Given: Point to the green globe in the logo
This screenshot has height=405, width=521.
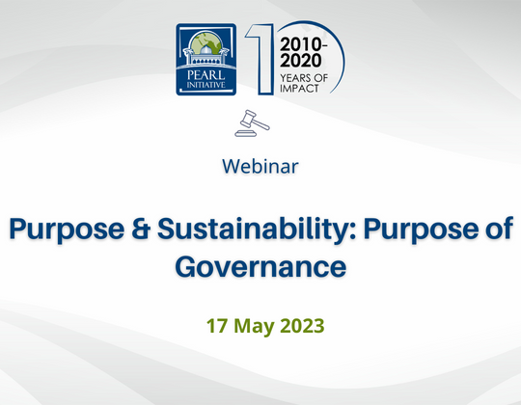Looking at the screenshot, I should tap(204, 45).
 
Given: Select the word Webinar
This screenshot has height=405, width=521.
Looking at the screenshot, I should tap(260, 165).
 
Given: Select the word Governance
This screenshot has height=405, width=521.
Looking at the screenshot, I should tap(260, 264).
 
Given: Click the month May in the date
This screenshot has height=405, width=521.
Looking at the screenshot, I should tap(254, 325).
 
